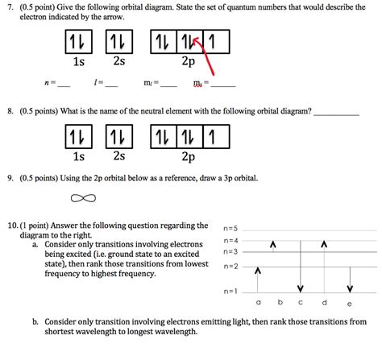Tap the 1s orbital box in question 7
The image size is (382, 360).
tap(78, 41)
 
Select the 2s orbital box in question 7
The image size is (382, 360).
tap(118, 41)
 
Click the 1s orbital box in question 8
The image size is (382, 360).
tap(78, 138)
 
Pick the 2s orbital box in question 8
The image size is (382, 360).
tap(118, 138)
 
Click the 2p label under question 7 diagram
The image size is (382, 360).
tap(189, 61)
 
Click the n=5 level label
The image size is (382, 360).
tap(231, 228)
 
